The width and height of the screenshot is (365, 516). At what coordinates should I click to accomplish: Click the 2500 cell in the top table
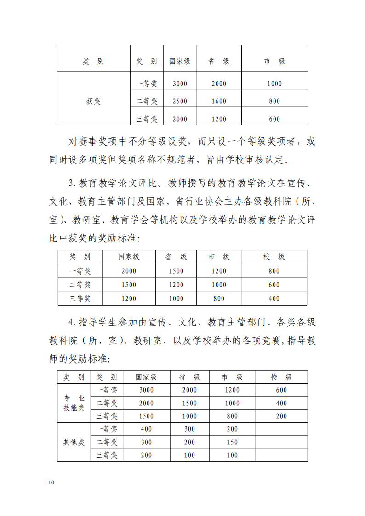point(180,101)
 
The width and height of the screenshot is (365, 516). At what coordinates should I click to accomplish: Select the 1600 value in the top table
point(219,101)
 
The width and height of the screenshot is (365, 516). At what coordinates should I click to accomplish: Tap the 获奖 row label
point(93,101)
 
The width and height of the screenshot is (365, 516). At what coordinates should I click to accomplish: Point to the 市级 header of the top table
point(274,62)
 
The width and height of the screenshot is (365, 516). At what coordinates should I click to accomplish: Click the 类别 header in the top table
point(93,62)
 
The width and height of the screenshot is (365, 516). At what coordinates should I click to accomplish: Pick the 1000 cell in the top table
point(274,84)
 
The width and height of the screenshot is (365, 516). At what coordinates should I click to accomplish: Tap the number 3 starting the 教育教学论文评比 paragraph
point(71,184)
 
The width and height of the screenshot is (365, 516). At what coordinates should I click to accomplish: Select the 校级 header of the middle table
point(274,257)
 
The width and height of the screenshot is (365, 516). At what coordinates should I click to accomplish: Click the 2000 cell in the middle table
point(129,271)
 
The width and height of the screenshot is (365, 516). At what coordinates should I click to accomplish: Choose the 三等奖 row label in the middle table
point(80,298)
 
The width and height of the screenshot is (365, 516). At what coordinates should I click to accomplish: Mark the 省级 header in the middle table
point(176,257)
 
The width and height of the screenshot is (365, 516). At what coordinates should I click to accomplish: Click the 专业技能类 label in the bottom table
point(74,403)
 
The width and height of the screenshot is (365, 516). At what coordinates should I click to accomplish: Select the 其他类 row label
point(74,443)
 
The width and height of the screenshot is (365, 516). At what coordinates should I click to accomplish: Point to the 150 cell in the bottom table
point(232,443)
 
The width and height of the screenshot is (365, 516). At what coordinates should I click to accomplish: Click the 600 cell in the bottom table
point(281,390)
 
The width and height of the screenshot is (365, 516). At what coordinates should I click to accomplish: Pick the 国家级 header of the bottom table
point(146,377)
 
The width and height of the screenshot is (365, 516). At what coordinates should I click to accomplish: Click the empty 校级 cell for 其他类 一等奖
point(281,429)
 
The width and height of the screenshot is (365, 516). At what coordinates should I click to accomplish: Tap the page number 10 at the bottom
point(51,482)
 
